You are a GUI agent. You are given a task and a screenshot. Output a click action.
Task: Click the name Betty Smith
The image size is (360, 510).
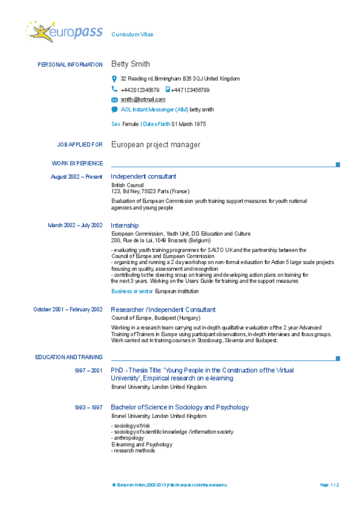[x=130, y=64]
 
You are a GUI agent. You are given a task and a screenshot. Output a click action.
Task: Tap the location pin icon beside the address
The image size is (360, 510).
[x=114, y=79]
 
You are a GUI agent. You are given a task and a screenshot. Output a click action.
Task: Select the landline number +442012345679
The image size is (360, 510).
[x=140, y=90]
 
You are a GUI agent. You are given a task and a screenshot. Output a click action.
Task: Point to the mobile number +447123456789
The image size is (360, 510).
[x=190, y=90]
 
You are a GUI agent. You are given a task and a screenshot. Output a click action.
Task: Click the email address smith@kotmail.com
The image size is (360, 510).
[x=142, y=99]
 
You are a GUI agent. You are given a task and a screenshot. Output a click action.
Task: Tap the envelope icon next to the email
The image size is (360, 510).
[x=114, y=99]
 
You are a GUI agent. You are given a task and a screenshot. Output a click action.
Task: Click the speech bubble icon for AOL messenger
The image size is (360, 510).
[x=114, y=109]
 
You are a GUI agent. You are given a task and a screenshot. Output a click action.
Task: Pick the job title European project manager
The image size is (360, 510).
[x=156, y=145]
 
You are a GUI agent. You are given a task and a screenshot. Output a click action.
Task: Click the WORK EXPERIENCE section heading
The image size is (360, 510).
[x=78, y=163]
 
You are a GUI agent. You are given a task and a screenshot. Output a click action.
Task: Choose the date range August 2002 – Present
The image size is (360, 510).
[x=76, y=177]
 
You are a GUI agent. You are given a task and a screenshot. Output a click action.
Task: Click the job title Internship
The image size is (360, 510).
[x=124, y=226]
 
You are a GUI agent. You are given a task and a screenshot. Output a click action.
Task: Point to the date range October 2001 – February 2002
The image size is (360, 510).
[x=68, y=309]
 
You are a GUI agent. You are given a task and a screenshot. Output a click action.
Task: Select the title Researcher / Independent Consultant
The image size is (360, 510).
[x=163, y=309]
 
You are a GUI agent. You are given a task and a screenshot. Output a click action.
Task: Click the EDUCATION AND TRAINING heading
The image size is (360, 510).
[x=69, y=357]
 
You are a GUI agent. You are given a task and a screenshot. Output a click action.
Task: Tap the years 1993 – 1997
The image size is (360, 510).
[x=88, y=408]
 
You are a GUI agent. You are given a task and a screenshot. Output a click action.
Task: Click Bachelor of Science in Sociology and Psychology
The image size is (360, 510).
[x=179, y=407]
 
